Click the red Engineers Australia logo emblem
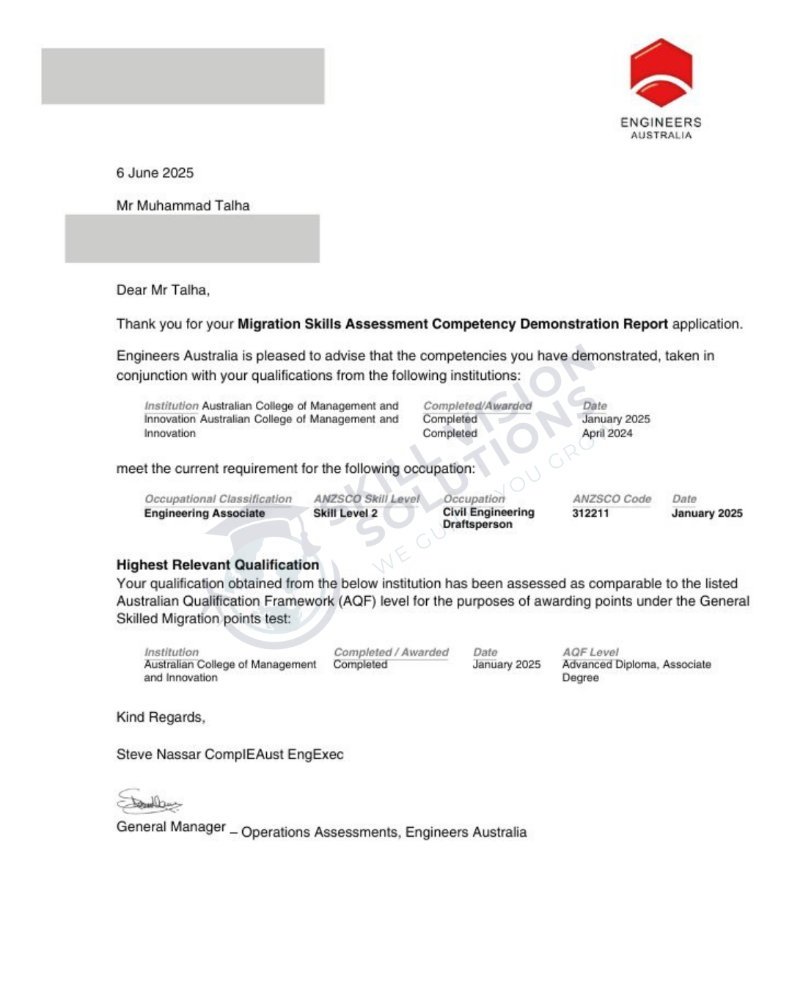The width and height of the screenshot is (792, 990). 661,73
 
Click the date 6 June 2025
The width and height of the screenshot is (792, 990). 155,173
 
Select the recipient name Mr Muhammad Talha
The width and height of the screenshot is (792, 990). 183,206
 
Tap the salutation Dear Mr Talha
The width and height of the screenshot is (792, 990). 163,290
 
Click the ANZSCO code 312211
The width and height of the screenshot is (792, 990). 590,513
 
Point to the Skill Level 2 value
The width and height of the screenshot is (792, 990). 345,513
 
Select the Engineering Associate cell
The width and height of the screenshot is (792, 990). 205,513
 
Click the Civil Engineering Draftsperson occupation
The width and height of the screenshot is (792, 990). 488,518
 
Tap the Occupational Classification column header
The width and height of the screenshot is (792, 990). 218,499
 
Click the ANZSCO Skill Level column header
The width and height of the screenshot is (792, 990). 367,499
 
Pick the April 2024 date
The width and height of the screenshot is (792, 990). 607,433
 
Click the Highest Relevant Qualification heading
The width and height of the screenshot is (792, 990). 218,565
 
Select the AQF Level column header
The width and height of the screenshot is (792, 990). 590,652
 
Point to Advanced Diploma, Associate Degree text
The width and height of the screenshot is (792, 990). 636,670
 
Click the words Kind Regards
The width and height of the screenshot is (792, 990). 161,717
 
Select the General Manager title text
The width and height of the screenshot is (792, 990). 171,827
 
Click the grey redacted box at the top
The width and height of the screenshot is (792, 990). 183,76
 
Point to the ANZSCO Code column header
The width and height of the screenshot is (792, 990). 612,499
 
